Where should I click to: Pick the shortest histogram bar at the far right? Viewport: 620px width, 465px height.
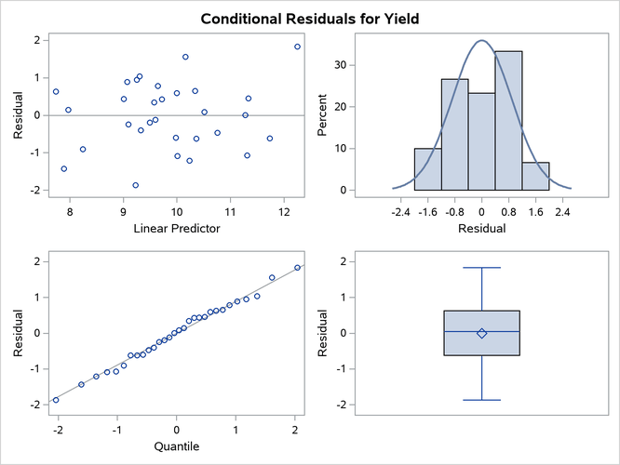535,177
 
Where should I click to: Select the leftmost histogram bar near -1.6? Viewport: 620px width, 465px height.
427,169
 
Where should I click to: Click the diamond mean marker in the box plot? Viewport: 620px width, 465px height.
481,333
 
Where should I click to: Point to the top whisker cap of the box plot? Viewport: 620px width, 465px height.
481,268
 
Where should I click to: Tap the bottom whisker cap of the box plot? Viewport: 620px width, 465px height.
481,400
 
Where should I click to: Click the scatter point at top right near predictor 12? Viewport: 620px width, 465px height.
297,46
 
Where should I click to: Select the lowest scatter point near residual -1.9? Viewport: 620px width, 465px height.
136,185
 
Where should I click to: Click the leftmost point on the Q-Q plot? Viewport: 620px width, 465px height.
56,400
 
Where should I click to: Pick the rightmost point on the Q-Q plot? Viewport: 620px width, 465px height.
297,268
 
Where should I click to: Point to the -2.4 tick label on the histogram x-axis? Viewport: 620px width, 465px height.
400,211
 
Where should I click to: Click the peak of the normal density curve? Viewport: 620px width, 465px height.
481,41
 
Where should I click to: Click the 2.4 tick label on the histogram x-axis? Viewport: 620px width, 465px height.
562,211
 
